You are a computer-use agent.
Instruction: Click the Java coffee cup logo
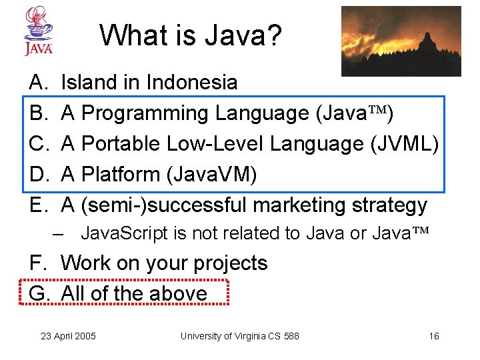pyautogui.click(x=38, y=31)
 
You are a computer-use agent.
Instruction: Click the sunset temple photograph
pyautogui.click(x=401, y=41)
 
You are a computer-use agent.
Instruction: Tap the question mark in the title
pyautogui.click(x=275, y=35)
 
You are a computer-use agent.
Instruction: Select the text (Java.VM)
pyautogui.click(x=211, y=175)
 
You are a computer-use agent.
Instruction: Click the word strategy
pyautogui.click(x=395, y=205)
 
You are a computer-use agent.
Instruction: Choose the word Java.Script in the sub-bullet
pyautogui.click(x=115, y=233)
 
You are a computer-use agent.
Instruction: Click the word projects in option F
pyautogui.click(x=230, y=263)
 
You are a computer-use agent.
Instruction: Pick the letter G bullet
pyautogui.click(x=39, y=293)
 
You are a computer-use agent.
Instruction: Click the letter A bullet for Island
pyautogui.click(x=37, y=82)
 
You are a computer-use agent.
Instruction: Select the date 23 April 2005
pyautogui.click(x=68, y=336)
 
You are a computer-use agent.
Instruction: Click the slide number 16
pyautogui.click(x=433, y=336)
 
